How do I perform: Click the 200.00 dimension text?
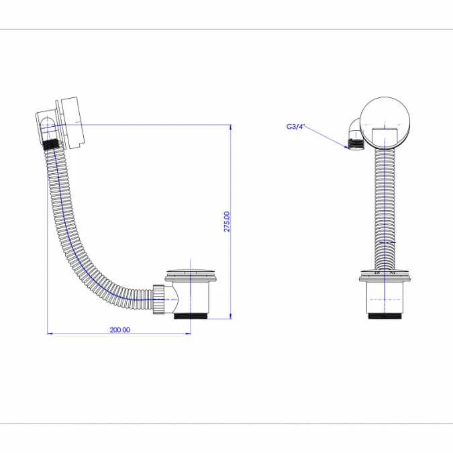pyautogui.click(x=119, y=330)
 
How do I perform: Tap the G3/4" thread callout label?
pyautogui.click(x=295, y=125)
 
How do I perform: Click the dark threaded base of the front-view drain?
pyautogui.click(x=385, y=314)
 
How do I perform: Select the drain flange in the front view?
pyautogui.click(x=385, y=274)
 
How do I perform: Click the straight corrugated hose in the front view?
pyautogui.click(x=385, y=208)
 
